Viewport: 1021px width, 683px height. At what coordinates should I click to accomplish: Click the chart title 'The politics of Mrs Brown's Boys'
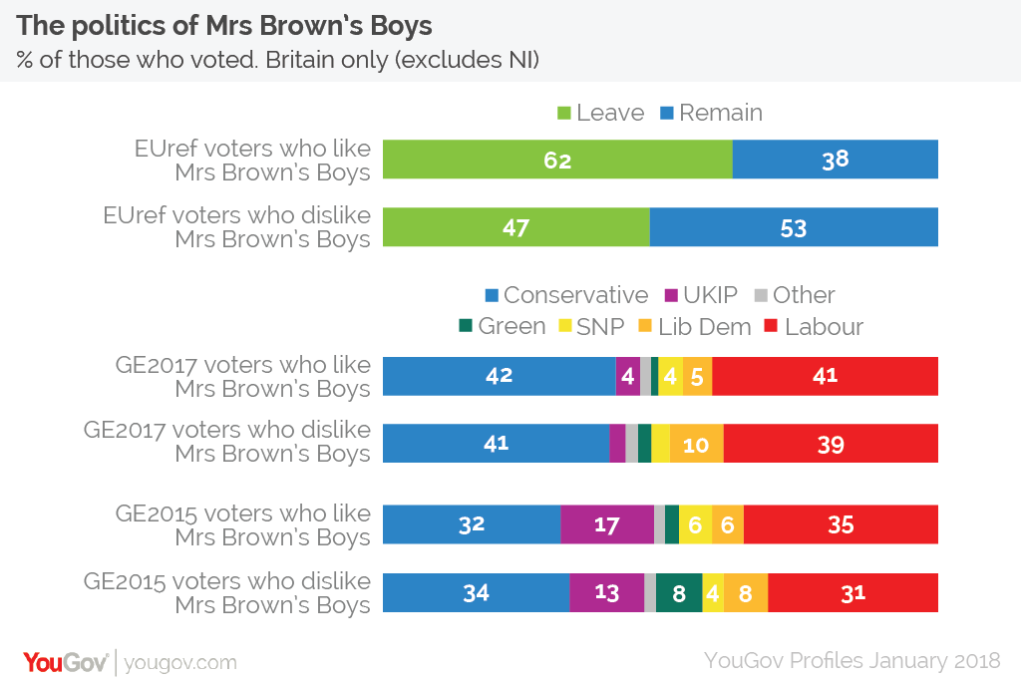225,25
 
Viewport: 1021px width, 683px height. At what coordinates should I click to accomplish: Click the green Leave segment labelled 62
557,160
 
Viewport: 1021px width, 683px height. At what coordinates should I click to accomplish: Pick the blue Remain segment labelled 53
794,227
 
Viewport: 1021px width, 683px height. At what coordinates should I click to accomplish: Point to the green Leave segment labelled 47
515,227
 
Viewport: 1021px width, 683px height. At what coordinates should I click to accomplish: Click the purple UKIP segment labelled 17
606,524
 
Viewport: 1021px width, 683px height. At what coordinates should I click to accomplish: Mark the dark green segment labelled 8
678,592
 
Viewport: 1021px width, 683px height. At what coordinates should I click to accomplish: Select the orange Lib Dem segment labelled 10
696,443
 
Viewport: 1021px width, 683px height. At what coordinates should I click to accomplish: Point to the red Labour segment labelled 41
825,376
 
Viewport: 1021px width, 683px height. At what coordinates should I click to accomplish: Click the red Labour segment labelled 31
852,592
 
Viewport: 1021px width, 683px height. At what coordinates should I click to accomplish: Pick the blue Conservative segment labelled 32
472,524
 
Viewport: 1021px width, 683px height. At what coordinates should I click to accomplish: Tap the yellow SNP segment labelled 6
695,524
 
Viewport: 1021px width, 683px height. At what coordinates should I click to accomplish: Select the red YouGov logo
66,661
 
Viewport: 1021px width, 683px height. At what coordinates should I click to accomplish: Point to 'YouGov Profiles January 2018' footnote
851,661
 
